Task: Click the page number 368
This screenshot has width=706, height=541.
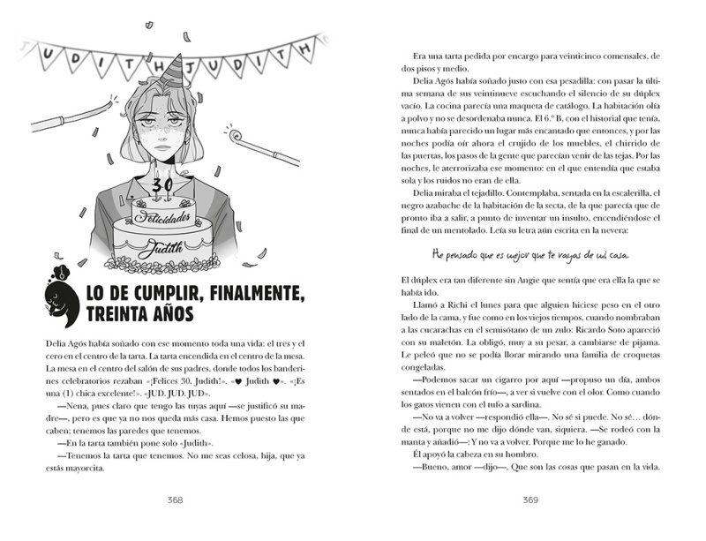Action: (175, 500)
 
